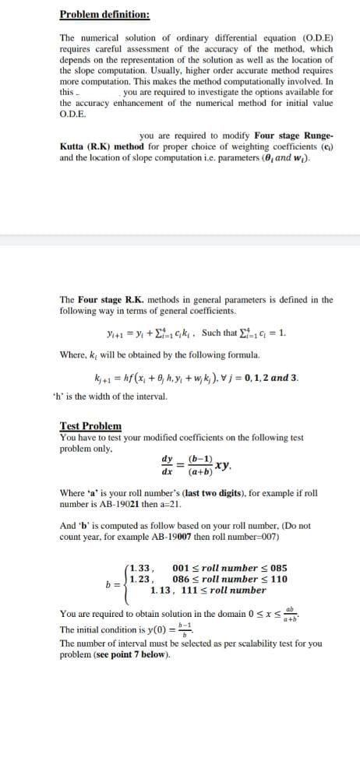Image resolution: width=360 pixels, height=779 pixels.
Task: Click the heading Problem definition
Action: [x=104, y=15]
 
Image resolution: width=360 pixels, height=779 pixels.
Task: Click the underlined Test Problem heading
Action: [x=90, y=425]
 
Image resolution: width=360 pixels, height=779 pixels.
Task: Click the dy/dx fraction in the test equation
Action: [x=167, y=464]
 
